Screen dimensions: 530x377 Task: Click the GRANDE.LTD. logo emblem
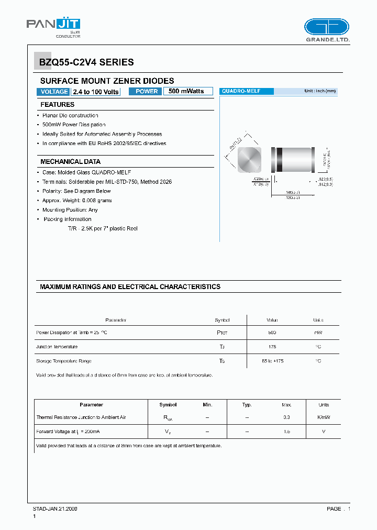pos(327,27)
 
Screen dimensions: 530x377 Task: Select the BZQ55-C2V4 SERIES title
pos(87,62)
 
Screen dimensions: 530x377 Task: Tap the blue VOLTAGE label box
pos(53,92)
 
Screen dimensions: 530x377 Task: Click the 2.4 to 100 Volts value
pos(96,92)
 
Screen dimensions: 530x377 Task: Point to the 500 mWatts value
pos(187,91)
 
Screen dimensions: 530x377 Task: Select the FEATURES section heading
pos(58,105)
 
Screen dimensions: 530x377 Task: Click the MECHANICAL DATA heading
pos(70,162)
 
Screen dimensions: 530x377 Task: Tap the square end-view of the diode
pos(249,160)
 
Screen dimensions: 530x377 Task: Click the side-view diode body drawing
pos(292,160)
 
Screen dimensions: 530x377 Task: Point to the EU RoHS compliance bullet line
pos(104,143)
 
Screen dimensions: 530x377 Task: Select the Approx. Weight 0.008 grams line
pos(77,201)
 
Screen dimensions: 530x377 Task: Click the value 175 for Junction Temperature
pos(272,347)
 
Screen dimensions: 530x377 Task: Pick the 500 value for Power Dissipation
pos(272,333)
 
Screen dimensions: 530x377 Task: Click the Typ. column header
pos(247,405)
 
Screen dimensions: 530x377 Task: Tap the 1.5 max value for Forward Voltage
pos(286,432)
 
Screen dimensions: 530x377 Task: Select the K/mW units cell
pos(324,417)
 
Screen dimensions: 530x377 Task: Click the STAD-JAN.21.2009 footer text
pos(55,509)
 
